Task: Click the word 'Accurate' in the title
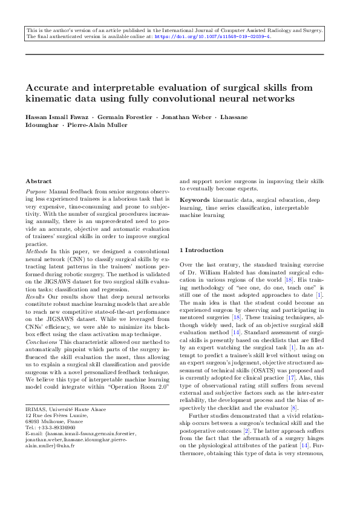(x=48, y=88)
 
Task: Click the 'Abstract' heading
(x=39, y=181)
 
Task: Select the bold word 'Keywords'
(x=195, y=199)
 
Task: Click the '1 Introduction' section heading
(x=201, y=250)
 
